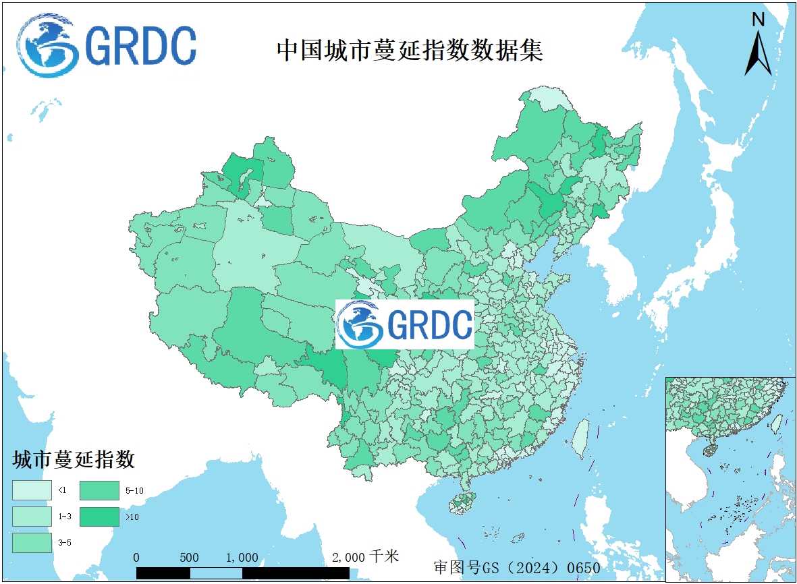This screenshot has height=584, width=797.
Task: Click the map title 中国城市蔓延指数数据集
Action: point(410,51)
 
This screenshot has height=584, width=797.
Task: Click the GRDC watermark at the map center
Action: point(405,324)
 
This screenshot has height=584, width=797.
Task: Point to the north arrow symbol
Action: point(758,54)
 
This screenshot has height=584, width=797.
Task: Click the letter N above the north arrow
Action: point(759,20)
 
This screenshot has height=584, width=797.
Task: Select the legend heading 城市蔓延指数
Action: point(74,461)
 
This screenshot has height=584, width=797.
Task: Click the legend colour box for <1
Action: point(32,490)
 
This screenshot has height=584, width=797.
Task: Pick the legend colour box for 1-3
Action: point(32,516)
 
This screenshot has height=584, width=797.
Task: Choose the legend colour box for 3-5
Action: point(32,542)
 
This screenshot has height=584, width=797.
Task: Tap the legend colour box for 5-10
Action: point(99,490)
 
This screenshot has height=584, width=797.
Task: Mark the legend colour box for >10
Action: point(99,516)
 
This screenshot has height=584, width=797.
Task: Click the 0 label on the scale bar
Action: point(137,558)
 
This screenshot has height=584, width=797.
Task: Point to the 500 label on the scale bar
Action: point(190,558)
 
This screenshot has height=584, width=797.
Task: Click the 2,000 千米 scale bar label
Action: point(365,557)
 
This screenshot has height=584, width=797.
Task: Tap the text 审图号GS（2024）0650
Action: point(517,568)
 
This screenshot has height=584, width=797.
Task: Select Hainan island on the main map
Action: point(462,502)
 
